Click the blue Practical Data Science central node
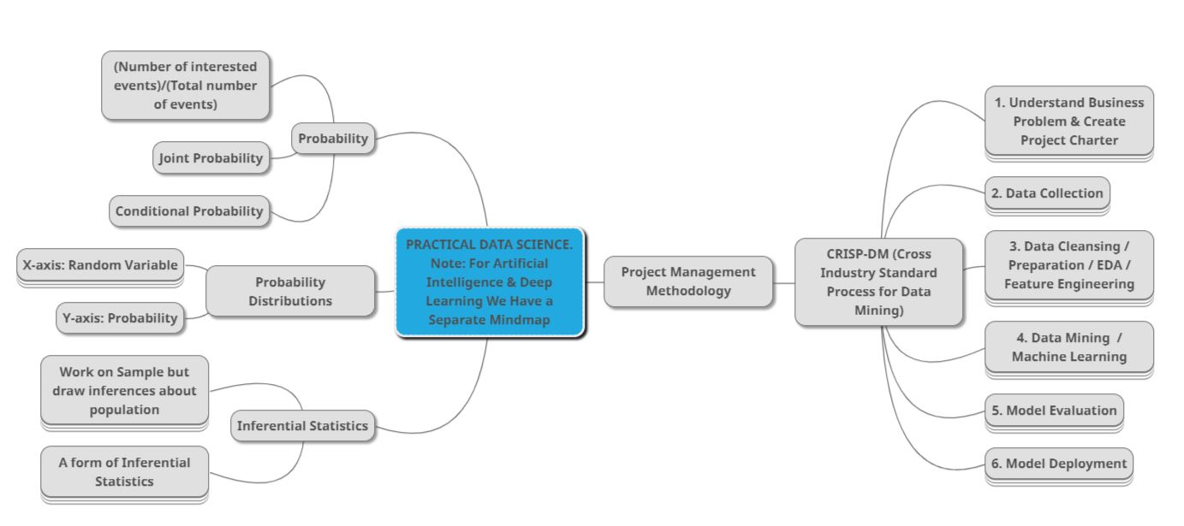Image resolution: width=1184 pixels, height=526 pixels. tap(490, 282)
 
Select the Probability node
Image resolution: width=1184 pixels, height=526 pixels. tap(333, 139)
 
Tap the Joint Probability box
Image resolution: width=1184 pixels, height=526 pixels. tap(211, 158)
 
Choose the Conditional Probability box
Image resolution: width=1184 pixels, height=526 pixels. tap(189, 211)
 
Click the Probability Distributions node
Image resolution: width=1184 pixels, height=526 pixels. tap(290, 291)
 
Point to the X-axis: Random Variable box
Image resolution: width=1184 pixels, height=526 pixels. tap(100, 265)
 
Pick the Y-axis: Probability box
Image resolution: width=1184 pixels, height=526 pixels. tap(120, 318)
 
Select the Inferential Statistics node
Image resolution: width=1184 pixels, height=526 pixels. tap(302, 426)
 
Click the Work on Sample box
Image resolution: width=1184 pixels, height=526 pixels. tap(124, 391)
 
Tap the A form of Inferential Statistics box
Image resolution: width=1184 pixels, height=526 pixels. tap(124, 471)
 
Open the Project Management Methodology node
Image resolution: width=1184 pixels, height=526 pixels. tap(688, 281)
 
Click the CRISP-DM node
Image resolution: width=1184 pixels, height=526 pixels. tap(878, 282)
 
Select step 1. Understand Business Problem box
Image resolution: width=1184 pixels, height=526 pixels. tap(1068, 121)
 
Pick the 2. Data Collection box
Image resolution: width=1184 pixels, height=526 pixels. tap(1047, 193)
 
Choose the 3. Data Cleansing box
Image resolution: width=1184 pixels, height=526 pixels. tap(1068, 265)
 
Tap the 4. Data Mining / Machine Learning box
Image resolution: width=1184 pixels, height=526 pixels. tap(1068, 347)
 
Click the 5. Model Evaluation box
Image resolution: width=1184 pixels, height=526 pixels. tap(1054, 411)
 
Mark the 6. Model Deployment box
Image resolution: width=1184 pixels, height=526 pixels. tap(1058, 464)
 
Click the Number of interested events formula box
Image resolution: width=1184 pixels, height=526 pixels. tap(185, 86)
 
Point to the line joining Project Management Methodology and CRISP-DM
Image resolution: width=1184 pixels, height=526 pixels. tap(783, 282)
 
